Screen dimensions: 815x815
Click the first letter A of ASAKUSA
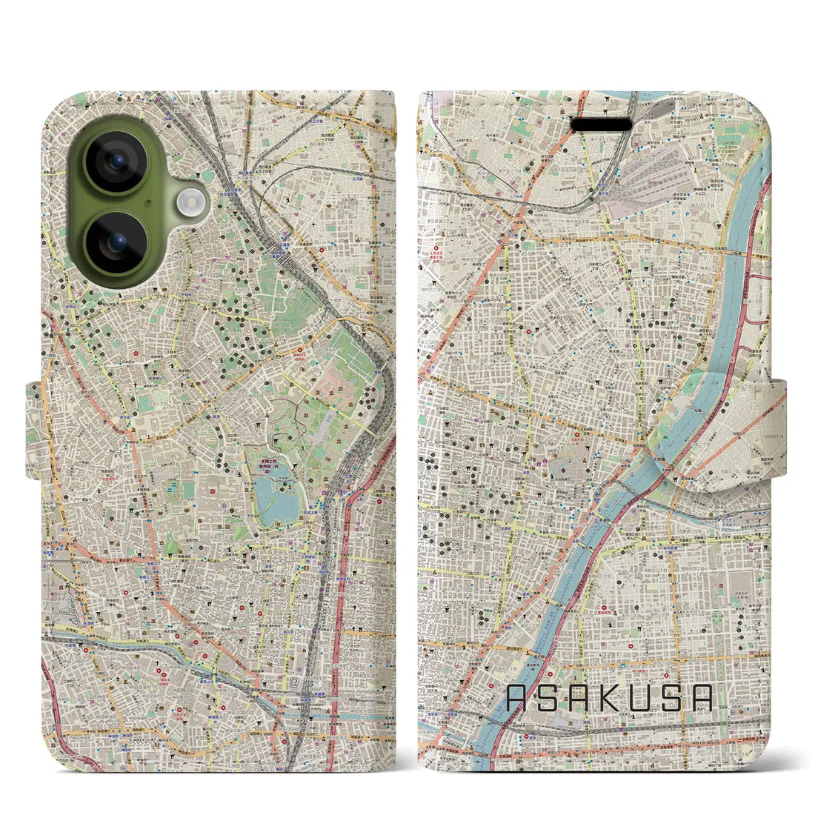519,699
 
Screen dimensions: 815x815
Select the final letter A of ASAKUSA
702,699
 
